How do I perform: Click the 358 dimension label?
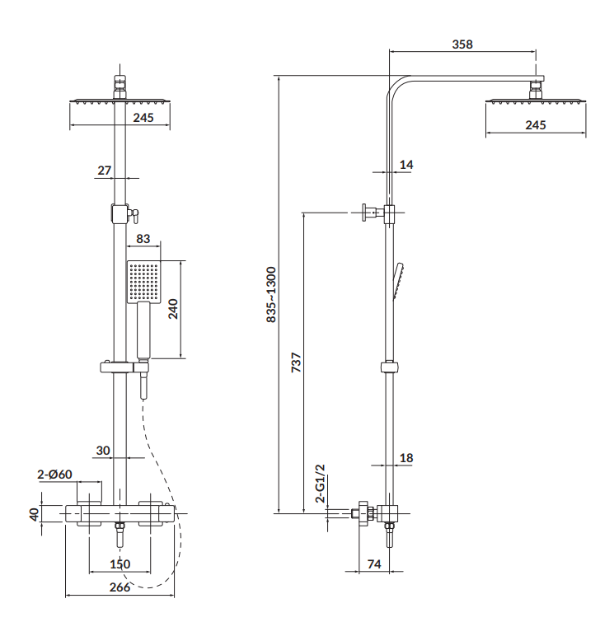(463, 44)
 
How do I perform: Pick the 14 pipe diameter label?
(405, 165)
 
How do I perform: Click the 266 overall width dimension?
(120, 587)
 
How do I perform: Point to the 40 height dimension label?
(34, 513)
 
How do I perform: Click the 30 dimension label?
(103, 451)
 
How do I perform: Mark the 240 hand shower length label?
(174, 310)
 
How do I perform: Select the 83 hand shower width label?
(143, 240)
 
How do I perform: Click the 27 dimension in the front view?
(104, 171)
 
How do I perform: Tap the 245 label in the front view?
(143, 118)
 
